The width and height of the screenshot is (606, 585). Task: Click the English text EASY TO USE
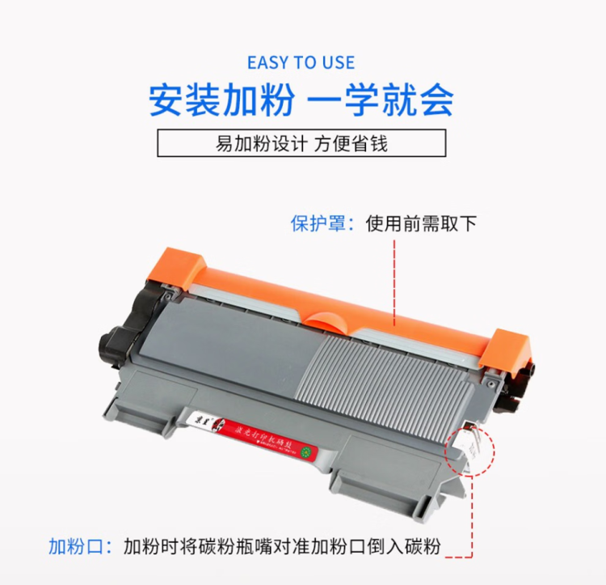click(x=301, y=63)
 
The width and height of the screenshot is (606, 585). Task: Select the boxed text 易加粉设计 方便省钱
click(x=301, y=144)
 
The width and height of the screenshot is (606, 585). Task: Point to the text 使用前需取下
click(x=421, y=223)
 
